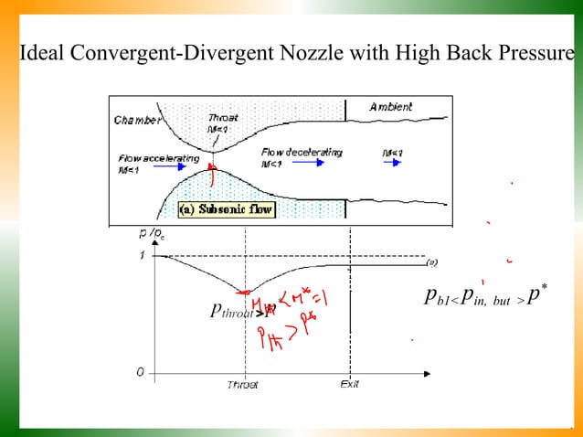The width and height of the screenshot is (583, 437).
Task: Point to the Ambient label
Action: (x=390, y=107)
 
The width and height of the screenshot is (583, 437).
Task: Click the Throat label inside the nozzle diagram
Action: (x=223, y=118)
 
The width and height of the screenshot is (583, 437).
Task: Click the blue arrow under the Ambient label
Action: (x=392, y=163)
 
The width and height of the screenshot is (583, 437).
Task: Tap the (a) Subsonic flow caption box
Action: (x=224, y=208)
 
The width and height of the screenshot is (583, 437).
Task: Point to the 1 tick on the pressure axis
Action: (x=142, y=256)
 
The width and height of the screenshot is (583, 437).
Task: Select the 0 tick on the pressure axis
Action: (x=141, y=373)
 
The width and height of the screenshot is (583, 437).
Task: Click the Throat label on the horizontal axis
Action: (x=243, y=385)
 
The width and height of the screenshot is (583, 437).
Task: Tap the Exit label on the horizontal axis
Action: (x=349, y=384)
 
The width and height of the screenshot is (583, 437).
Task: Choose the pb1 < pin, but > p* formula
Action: (x=485, y=296)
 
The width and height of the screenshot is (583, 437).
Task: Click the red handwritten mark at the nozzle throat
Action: (x=212, y=168)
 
